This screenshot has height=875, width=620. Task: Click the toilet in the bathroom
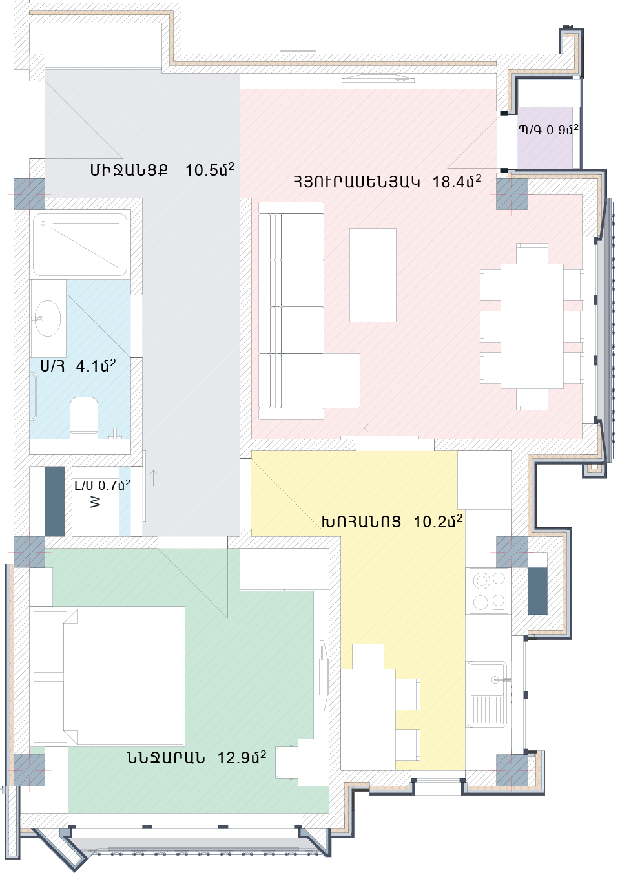pyautogui.click(x=83, y=417)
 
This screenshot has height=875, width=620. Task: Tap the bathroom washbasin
pyautogui.click(x=48, y=319)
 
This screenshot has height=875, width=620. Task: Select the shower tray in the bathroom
pyautogui.click(x=81, y=244)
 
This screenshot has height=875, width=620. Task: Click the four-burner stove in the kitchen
pyautogui.click(x=488, y=590)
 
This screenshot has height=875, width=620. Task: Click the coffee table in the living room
pyautogui.click(x=373, y=275)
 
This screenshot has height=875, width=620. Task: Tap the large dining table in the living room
pyautogui.click(x=532, y=326)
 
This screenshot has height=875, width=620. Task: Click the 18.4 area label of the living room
pyautogui.click(x=457, y=182)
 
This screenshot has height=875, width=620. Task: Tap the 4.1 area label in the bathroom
pyautogui.click(x=96, y=366)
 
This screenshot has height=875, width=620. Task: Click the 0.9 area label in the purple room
pyautogui.click(x=563, y=130)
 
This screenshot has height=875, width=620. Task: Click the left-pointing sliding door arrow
pyautogui.click(x=372, y=428)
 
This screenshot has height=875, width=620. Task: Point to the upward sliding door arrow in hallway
pyautogui.click(x=154, y=478)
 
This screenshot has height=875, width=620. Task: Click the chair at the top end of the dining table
pyautogui.click(x=532, y=253)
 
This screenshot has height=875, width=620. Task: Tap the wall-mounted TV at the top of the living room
pyautogui.click(x=378, y=80)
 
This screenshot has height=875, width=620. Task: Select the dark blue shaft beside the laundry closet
pyautogui.click(x=55, y=501)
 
